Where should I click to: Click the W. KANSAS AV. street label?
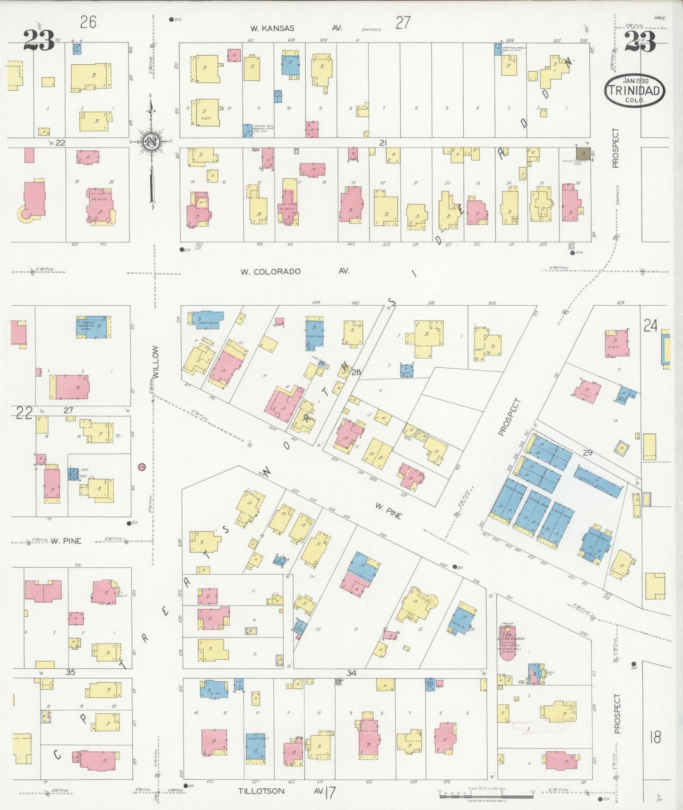296,28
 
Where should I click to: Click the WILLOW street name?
156,362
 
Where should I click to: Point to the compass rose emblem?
151,142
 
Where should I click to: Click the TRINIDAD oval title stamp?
634,90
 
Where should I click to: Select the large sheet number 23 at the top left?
38,41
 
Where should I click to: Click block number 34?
351,673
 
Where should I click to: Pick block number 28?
356,372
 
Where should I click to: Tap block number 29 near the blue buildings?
587,452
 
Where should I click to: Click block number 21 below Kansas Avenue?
383,143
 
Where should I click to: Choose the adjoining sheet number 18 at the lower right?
655,736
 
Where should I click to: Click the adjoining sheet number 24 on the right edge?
650,325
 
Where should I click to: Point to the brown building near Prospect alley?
583,153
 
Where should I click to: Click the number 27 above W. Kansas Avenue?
403,22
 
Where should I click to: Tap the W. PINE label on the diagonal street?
389,511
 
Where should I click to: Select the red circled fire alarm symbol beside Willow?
141,467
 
